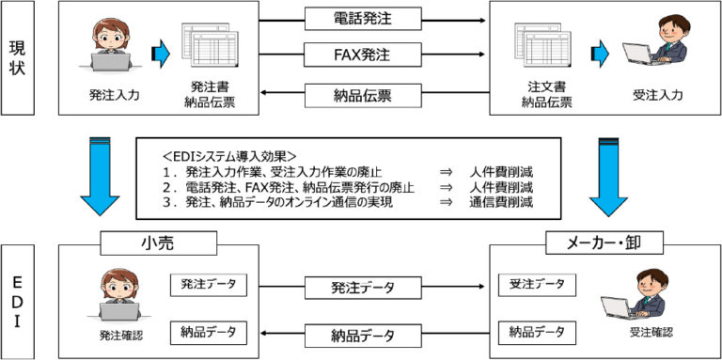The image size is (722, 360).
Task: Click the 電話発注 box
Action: click(x=361, y=18)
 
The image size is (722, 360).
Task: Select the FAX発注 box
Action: click(x=361, y=55)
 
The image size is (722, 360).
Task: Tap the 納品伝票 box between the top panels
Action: click(x=361, y=94)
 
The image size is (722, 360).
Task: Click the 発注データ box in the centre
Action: click(x=362, y=287)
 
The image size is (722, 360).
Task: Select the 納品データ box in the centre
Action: click(x=362, y=335)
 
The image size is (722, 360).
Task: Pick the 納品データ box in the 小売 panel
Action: click(x=209, y=332)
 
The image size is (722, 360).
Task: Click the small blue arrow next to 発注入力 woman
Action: click(x=161, y=54)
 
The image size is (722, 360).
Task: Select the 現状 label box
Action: click(x=18, y=58)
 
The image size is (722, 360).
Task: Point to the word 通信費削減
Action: click(x=502, y=202)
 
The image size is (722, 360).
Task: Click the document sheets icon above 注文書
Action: click(x=541, y=50)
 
